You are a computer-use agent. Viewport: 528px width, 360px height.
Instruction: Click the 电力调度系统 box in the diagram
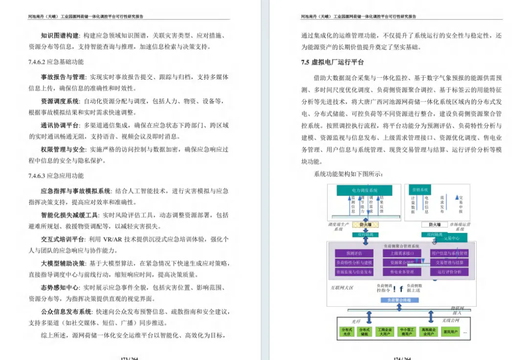click(x=364, y=190)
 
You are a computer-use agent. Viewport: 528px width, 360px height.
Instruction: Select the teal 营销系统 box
click(x=420, y=189)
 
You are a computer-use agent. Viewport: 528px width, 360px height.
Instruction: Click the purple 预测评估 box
click(x=353, y=253)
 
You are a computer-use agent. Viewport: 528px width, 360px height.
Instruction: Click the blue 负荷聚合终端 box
click(x=399, y=299)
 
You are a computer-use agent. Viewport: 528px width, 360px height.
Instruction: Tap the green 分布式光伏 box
click(x=347, y=332)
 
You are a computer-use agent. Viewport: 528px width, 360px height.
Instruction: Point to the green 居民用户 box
click(x=449, y=332)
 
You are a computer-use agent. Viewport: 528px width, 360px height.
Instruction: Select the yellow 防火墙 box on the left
click(x=366, y=225)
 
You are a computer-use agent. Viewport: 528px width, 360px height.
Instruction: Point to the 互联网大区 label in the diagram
click(x=344, y=288)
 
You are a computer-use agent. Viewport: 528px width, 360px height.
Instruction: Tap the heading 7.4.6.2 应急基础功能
click(x=56, y=62)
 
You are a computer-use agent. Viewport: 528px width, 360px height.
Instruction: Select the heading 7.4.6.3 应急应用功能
click(x=56, y=176)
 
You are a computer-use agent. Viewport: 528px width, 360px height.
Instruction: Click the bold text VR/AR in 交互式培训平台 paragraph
click(x=116, y=239)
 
